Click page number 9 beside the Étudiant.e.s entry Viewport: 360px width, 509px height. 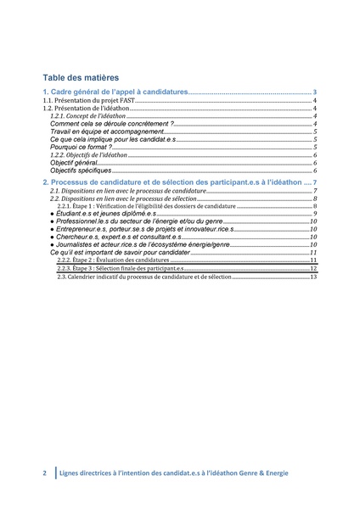click(315, 214)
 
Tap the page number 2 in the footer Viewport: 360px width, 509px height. click(45, 473)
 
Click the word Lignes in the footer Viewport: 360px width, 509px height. click(71, 473)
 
